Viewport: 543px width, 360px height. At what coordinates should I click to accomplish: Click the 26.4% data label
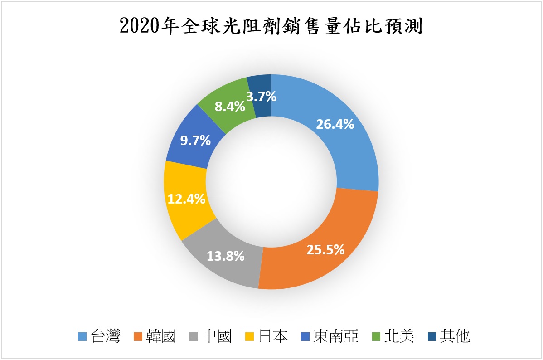[335, 124]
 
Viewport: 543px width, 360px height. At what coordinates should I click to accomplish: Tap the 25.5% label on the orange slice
[325, 249]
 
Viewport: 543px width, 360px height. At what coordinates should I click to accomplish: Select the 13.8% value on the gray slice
[225, 256]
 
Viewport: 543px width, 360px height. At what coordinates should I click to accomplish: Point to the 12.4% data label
[186, 199]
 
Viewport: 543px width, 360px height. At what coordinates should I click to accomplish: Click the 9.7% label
[195, 140]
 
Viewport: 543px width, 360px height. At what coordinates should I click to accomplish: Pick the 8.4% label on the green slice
[230, 107]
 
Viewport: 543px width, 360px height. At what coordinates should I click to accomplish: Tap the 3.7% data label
[261, 96]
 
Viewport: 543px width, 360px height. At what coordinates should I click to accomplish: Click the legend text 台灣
[106, 336]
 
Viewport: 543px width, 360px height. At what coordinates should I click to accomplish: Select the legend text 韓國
[161, 336]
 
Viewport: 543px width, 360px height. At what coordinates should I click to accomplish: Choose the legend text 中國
[217, 336]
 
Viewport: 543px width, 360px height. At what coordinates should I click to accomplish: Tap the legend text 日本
[273, 336]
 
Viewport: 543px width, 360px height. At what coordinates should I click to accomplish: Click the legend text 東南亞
[336, 336]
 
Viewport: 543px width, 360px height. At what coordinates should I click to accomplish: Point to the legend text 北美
[399, 336]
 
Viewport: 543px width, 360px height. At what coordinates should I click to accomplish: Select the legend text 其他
[455, 336]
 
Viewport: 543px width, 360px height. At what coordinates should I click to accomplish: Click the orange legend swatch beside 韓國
[138, 336]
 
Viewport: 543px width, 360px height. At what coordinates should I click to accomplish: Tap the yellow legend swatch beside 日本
[250, 336]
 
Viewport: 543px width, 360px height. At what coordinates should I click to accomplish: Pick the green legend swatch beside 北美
[376, 336]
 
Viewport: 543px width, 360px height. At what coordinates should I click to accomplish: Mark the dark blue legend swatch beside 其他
[432, 336]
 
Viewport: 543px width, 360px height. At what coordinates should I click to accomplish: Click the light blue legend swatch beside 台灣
[82, 336]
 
